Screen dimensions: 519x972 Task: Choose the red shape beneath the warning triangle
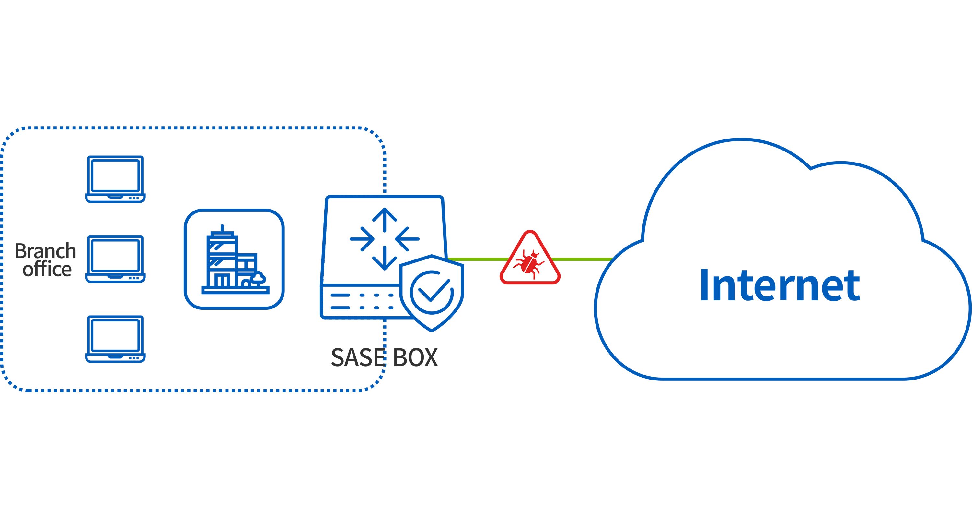[x=530, y=314]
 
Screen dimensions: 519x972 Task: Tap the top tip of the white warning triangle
[x=530, y=235]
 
